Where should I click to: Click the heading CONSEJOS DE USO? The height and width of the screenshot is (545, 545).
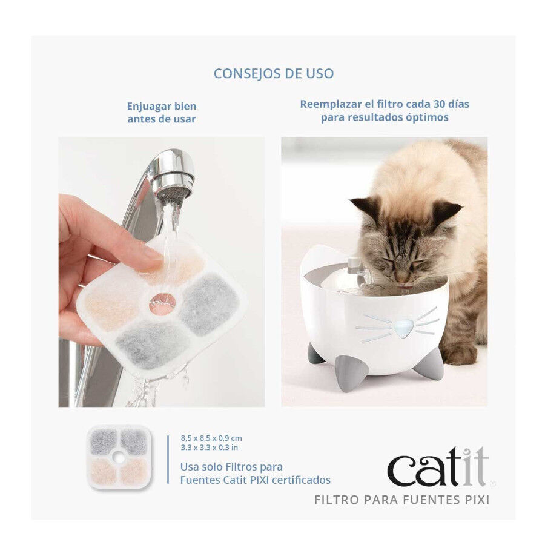click(x=273, y=74)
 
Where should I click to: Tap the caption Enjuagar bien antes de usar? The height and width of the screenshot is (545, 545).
click(x=161, y=113)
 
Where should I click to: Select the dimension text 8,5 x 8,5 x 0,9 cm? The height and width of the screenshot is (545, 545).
click(x=211, y=437)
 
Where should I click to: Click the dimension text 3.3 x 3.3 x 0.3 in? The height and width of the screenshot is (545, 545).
click(x=209, y=448)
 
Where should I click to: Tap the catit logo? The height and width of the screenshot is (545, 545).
click(x=437, y=467)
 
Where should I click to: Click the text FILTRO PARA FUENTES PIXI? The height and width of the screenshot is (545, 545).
click(x=401, y=500)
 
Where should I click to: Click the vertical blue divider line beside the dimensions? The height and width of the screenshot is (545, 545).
click(x=168, y=458)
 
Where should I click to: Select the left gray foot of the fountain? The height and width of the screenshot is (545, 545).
click(x=315, y=353)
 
